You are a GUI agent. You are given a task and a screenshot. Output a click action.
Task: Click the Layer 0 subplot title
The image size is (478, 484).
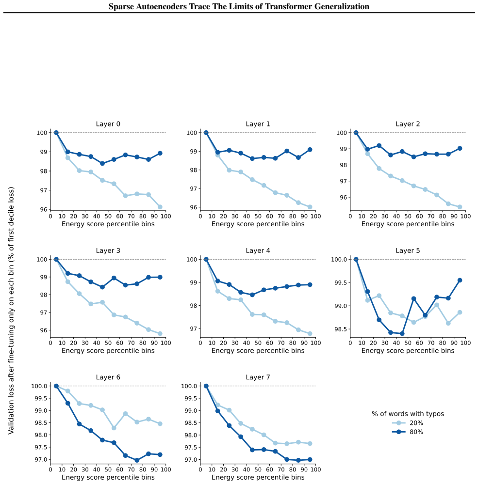click(x=108, y=124)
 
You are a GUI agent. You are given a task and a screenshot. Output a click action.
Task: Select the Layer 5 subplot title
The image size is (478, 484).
click(x=408, y=250)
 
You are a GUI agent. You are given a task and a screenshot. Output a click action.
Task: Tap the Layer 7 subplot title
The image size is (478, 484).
click(x=258, y=377)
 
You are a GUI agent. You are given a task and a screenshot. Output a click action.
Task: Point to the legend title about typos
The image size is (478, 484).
click(x=408, y=414)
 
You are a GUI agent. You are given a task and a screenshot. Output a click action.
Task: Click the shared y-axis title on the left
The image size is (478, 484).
click(x=11, y=310)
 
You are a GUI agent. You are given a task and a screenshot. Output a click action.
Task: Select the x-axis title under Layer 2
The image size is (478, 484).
click(x=408, y=224)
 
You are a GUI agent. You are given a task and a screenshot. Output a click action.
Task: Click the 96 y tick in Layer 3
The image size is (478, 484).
click(x=43, y=330)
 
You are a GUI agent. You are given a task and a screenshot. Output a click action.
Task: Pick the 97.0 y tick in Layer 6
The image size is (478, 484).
click(x=40, y=460)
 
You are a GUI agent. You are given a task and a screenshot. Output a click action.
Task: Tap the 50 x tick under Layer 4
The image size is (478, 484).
click(x=258, y=343)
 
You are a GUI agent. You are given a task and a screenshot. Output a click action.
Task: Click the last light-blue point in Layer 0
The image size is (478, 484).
click(x=160, y=207)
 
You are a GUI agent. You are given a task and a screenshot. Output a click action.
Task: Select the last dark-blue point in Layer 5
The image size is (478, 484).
click(x=460, y=281)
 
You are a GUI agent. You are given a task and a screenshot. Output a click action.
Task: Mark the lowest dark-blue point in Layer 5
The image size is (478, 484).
click(x=402, y=334)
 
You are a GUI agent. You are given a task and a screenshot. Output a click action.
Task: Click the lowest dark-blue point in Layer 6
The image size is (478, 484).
click(x=137, y=460)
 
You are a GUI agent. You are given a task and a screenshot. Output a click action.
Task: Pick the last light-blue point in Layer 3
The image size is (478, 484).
click(x=160, y=334)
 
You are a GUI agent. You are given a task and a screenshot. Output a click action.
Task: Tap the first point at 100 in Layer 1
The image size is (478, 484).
click(x=206, y=133)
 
